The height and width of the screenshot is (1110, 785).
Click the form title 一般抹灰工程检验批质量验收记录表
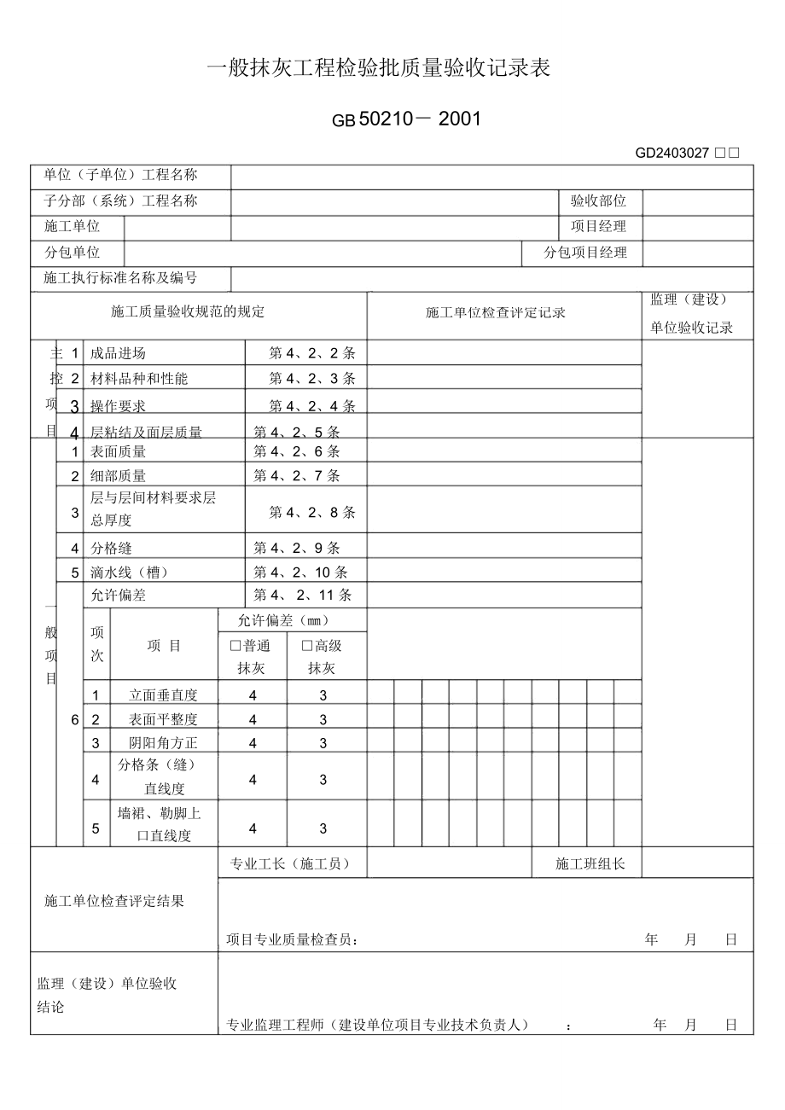point(379,70)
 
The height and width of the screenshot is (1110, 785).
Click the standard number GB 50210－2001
point(407,119)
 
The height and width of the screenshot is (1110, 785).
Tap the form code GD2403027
point(672,154)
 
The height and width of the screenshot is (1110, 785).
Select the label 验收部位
point(598,201)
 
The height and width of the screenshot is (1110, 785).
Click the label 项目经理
point(598,227)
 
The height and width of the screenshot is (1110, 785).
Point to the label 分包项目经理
point(585,253)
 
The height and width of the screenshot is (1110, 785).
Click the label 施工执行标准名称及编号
point(120,278)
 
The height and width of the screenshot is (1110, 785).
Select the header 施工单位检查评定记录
point(495,313)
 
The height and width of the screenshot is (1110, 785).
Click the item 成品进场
point(118,353)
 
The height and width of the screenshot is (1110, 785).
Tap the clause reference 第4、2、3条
point(312,379)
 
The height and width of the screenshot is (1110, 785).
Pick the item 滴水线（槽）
point(130,572)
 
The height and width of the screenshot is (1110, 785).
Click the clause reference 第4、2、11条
point(303,596)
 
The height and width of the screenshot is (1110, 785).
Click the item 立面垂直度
point(163,695)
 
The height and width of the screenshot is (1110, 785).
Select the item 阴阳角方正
point(163,743)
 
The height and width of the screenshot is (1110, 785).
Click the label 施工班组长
point(590,864)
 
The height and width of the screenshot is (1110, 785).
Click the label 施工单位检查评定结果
point(113,901)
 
